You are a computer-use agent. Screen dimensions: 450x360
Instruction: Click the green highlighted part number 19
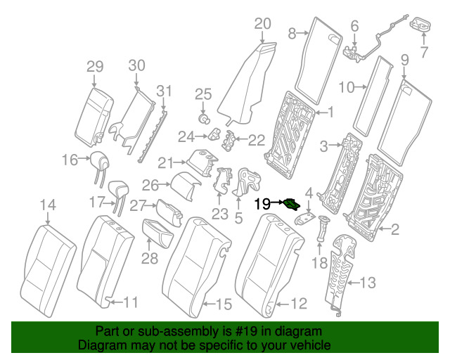[x=292, y=205]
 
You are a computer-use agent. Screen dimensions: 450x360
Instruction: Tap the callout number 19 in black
[x=262, y=204]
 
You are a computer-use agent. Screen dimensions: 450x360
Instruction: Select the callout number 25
[x=203, y=94]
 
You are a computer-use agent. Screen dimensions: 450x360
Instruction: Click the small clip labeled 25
[x=204, y=119]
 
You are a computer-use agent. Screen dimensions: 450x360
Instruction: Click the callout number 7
[x=424, y=52]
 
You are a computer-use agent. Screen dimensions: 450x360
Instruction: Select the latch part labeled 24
[x=214, y=134]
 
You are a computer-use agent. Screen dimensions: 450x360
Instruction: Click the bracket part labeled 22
[x=229, y=141]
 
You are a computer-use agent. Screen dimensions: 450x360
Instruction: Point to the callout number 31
[x=164, y=91]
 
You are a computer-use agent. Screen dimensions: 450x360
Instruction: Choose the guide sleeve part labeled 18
[x=323, y=229]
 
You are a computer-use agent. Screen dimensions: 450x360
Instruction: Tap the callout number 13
[x=368, y=283]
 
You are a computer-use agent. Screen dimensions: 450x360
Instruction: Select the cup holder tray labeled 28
[x=157, y=233]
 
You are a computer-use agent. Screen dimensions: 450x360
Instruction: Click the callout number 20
[x=262, y=24]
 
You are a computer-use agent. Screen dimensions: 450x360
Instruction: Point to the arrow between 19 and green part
[x=277, y=202]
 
